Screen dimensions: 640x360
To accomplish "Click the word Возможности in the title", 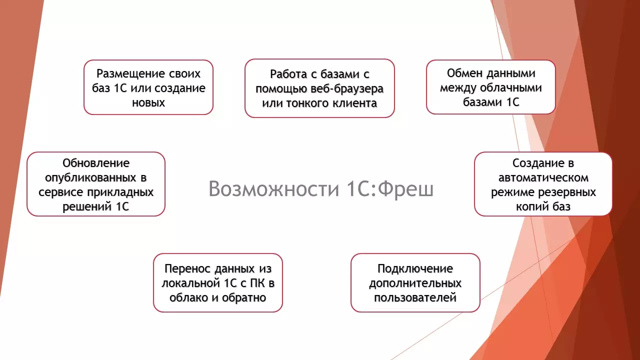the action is (273, 189).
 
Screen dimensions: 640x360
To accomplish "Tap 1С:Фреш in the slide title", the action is (390, 189).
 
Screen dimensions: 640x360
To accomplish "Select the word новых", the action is (148, 102).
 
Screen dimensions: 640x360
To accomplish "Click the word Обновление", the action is (96, 163).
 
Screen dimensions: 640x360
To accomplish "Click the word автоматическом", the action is (543, 178).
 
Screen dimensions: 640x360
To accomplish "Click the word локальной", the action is (190, 283).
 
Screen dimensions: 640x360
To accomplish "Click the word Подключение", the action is (415, 269).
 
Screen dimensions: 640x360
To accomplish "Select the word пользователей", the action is (415, 298).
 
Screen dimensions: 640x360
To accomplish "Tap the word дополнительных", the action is (415, 283).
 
